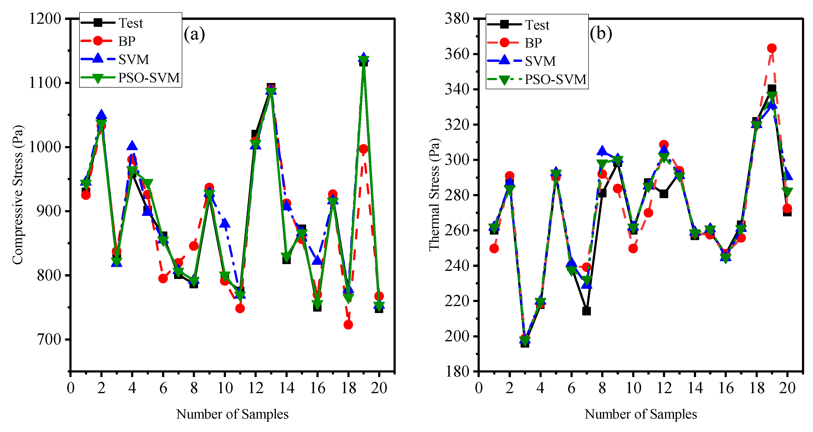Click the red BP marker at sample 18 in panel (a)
pyautogui.click(x=348, y=325)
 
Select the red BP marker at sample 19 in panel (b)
pyautogui.click(x=772, y=48)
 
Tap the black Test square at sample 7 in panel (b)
pyautogui.click(x=586, y=311)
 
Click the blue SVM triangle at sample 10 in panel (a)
pyautogui.click(x=224, y=223)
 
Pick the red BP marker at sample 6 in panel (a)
pyautogui.click(x=163, y=278)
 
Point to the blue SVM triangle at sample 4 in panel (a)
pyautogui.click(x=132, y=145)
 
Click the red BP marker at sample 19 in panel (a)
pyautogui.click(x=363, y=149)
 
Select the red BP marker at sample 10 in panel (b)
pyautogui.click(x=633, y=248)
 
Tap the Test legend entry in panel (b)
pyautogui.click(x=537, y=25)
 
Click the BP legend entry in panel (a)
pyautogui.click(x=127, y=41)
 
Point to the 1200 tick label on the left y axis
pyautogui.click(x=45, y=19)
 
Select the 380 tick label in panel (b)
pyautogui.click(x=457, y=19)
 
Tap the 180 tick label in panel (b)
pyautogui.click(x=457, y=372)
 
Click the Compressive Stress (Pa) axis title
pyautogui.click(x=18, y=195)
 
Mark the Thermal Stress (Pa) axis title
pyautogui.click(x=434, y=195)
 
